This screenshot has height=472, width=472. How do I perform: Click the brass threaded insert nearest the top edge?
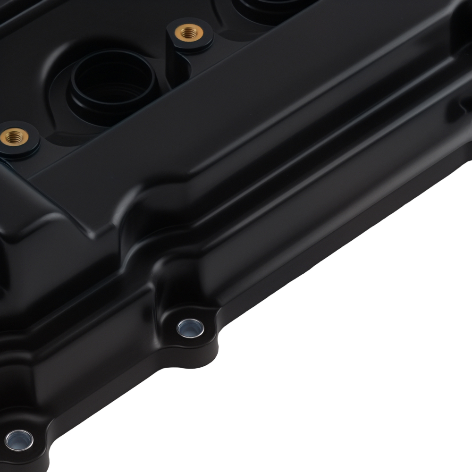[x=189, y=33]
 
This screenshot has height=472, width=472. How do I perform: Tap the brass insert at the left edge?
[x=14, y=137]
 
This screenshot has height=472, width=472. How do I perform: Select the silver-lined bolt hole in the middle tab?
[x=190, y=327]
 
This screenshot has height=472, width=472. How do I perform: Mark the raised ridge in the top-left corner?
[x=19, y=14]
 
